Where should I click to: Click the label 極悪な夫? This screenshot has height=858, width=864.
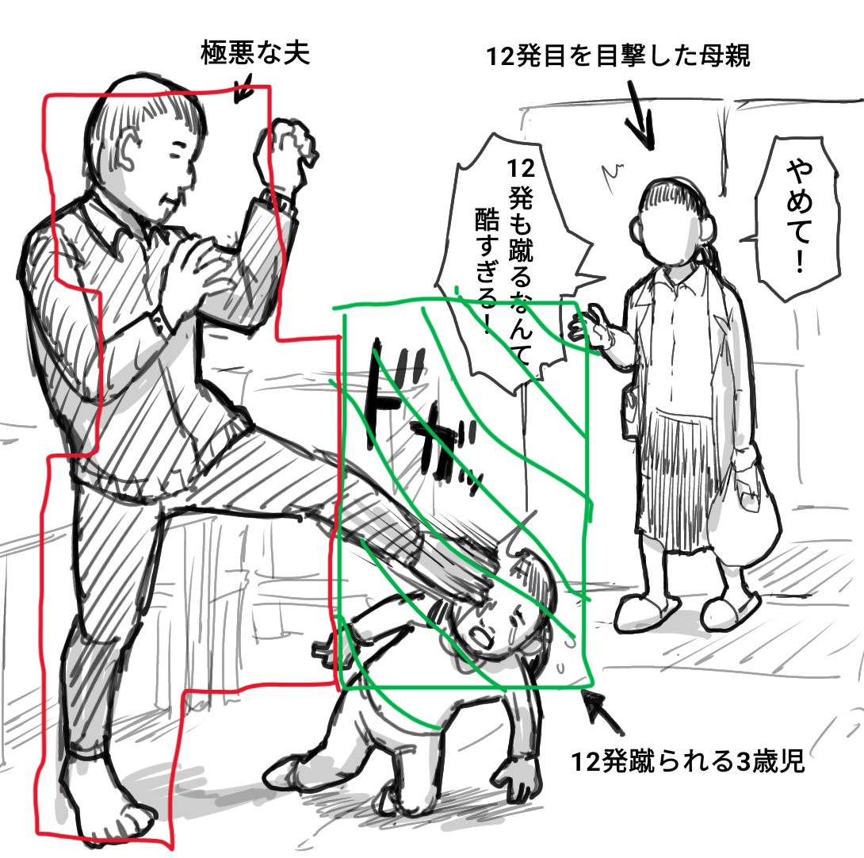click(x=255, y=53)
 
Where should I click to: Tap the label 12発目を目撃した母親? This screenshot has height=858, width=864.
click(x=618, y=56)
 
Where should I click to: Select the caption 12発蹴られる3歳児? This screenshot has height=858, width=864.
click(x=688, y=761)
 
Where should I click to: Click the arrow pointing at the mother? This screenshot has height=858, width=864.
click(x=641, y=115)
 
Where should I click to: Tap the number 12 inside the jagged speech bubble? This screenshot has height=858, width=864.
click(x=520, y=169)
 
